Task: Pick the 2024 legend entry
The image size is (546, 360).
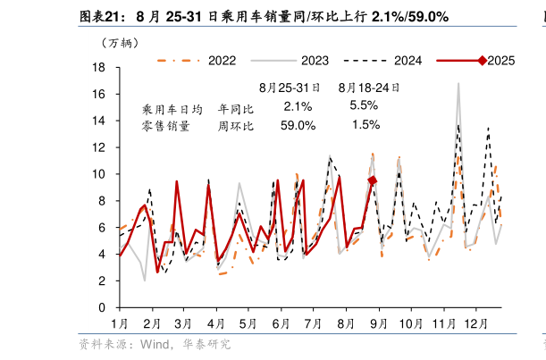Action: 407,61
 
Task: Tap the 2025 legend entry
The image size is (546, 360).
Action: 500,61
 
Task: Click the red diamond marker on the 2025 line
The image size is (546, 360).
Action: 373,180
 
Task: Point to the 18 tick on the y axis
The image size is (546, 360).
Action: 100,68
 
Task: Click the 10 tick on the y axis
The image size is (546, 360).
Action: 100,174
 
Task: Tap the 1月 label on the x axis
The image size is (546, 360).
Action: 119,322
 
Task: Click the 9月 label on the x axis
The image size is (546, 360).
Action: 378,322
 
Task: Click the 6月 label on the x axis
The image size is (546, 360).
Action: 281,322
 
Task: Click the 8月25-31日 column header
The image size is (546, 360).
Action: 288,88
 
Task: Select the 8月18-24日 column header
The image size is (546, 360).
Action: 367,88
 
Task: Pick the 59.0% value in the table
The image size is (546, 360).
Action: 298,126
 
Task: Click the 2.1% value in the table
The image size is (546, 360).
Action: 298,106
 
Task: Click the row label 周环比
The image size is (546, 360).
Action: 236,126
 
